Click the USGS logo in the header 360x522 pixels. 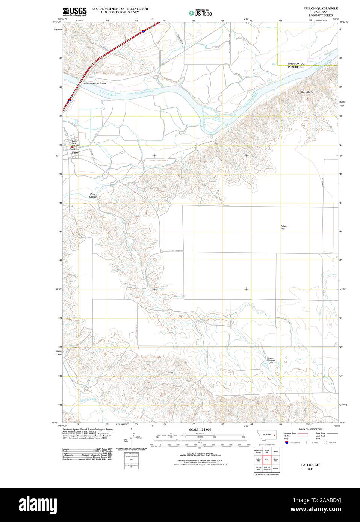74,11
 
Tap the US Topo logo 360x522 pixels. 200,13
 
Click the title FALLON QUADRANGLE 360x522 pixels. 321,8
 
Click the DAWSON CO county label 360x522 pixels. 296,63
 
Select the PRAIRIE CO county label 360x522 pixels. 296,67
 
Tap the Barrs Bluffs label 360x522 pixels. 307,92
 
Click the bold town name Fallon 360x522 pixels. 76,153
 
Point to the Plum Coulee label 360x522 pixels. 93,196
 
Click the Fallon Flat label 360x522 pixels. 284,228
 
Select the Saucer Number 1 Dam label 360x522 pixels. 271,360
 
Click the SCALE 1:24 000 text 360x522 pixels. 200,430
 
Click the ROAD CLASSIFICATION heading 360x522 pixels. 310,429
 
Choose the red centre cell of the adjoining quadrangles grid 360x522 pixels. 267,459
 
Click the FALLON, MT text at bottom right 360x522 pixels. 310,465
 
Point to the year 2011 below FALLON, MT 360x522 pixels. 310,469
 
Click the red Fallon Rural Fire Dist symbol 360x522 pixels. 72,147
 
